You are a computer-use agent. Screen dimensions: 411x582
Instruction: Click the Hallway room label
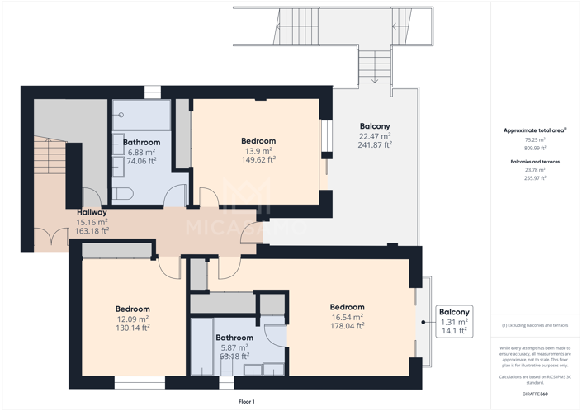92,212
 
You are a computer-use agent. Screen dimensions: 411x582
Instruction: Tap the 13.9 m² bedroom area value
258,151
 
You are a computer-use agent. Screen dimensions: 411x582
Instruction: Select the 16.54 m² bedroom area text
346,317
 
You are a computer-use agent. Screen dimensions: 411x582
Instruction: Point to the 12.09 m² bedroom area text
132,319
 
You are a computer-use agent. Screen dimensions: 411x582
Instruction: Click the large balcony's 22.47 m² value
374,136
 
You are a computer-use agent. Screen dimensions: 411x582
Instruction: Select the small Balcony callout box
453,321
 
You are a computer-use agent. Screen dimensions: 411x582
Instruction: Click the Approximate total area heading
534,130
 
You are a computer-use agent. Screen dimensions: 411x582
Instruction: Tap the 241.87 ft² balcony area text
374,145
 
